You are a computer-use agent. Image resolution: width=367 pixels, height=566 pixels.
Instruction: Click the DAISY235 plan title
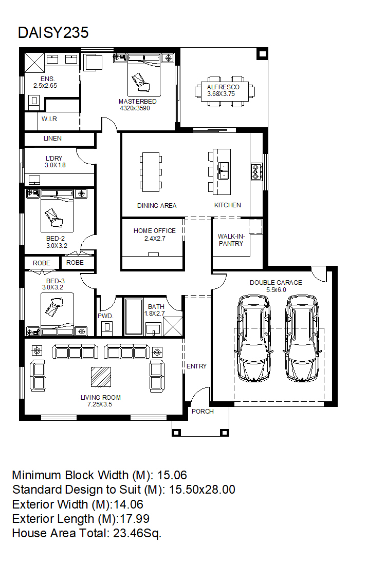click(53, 32)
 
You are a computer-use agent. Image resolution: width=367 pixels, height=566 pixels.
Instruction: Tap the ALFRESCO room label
click(223, 87)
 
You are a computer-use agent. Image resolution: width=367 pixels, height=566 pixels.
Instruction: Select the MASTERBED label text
click(137, 102)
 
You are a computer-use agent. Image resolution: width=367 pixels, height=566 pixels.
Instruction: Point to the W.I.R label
click(49, 119)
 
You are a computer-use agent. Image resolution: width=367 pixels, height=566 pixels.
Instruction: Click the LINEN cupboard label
click(52, 138)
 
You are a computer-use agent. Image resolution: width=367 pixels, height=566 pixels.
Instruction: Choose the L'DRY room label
click(54, 158)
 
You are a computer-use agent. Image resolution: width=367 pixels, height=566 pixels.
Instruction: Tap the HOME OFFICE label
click(154, 231)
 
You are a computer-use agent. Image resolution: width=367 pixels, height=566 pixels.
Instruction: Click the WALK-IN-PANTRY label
click(231, 240)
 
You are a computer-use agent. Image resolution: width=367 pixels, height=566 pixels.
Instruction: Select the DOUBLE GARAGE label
click(276, 283)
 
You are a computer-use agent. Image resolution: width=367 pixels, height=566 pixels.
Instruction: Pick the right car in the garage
click(302, 338)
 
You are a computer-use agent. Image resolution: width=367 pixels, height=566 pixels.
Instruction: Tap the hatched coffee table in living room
click(101, 377)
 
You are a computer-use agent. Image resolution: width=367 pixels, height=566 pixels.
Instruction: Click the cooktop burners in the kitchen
click(256, 171)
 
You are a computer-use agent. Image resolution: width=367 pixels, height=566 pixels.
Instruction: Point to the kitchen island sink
click(223, 171)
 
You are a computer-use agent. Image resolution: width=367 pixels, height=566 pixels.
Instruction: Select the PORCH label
click(203, 412)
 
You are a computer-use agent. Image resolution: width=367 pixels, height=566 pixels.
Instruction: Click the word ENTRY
click(196, 366)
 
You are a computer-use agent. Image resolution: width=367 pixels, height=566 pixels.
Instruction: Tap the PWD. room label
click(105, 316)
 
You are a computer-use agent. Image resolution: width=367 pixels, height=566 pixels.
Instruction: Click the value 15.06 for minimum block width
click(172, 475)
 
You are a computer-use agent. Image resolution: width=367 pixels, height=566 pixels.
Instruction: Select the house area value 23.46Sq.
click(137, 533)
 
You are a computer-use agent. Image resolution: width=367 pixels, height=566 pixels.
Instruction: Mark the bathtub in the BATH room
click(134, 316)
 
